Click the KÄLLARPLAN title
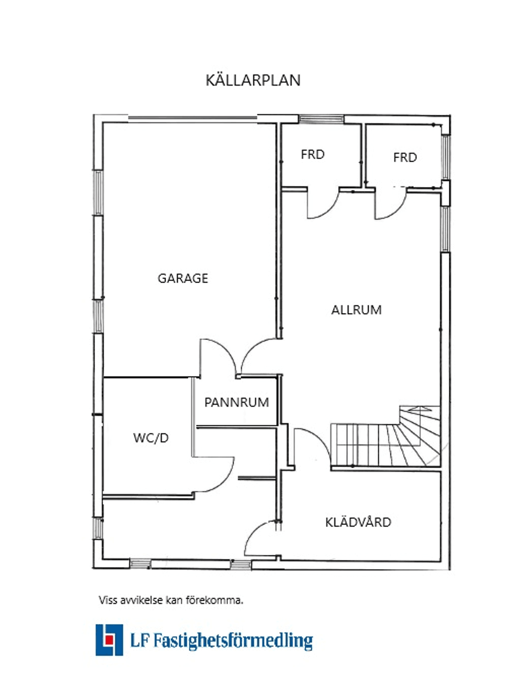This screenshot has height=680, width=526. tap(253, 80)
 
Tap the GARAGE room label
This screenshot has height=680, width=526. tap(183, 278)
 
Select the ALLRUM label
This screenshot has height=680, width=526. tap(356, 310)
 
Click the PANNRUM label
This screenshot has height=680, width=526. tap(237, 402)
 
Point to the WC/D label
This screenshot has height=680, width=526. tap(151, 438)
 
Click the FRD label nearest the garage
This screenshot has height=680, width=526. tap(312, 154)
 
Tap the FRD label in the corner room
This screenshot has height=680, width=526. tap(405, 157)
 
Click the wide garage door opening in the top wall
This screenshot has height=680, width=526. tap(192, 118)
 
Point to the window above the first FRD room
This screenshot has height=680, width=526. tap(321, 119)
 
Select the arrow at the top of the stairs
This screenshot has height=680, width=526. tap(419, 408)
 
